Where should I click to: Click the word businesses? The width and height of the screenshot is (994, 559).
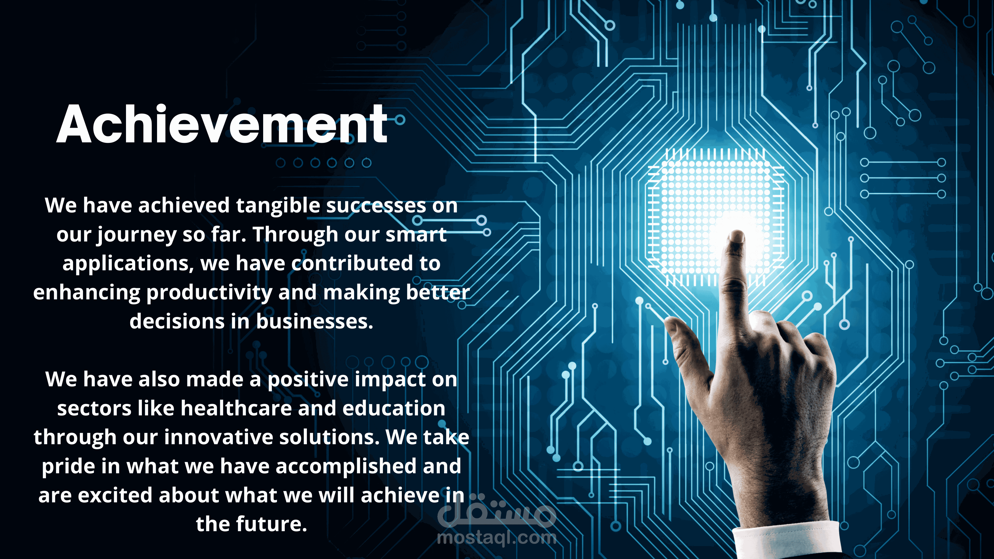click(315, 321)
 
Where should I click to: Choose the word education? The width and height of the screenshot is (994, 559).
click(394, 408)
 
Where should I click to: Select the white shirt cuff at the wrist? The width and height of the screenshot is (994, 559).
click(787, 540)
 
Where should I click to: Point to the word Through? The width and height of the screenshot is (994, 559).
click(295, 235)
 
